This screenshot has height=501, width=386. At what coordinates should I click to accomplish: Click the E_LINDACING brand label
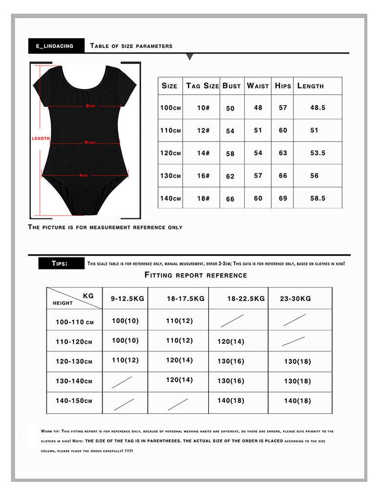55,46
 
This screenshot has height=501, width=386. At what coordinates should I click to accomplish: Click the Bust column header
232,86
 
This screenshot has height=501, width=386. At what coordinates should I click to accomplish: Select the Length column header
310,86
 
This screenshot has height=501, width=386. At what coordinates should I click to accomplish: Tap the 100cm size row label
171,107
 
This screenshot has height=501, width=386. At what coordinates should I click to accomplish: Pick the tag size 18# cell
203,199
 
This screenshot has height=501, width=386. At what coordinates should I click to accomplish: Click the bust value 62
231,176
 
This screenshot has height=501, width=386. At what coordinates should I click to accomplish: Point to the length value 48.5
318,107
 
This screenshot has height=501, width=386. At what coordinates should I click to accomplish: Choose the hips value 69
283,198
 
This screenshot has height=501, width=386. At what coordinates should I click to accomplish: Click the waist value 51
258,130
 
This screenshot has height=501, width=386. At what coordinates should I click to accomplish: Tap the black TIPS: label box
60,263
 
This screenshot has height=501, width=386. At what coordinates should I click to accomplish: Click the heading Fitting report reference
195,275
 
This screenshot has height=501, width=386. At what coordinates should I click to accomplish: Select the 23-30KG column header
296,298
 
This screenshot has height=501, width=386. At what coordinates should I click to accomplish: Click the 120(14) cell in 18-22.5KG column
231,342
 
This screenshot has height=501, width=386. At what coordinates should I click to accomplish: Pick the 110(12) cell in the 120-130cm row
126,360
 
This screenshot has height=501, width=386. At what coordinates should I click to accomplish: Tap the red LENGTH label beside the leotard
41,138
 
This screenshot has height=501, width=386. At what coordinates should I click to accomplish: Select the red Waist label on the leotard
90,143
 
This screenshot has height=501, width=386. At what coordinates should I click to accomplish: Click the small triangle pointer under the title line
190,57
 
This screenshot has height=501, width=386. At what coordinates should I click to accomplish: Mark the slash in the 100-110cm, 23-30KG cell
295,320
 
